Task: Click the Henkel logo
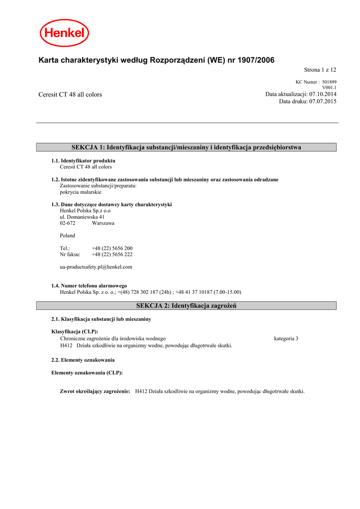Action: pos(65,33)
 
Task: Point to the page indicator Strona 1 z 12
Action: pos(320,70)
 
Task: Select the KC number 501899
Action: pos(329,82)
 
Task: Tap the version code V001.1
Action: pos(329,87)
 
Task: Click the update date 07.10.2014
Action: pos(323,94)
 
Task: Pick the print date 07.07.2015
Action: pos(323,101)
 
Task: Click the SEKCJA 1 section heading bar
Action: pos(186,147)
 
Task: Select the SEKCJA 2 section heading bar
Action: pos(186,306)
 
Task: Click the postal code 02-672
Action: pos(68,223)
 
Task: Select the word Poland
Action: pos(68,236)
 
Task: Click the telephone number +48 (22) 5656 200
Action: pos(112,248)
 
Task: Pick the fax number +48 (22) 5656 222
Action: pos(112,254)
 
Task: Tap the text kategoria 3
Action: pos(286,339)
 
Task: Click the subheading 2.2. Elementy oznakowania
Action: pos(83,360)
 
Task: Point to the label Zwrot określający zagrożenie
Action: pos(95,391)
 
